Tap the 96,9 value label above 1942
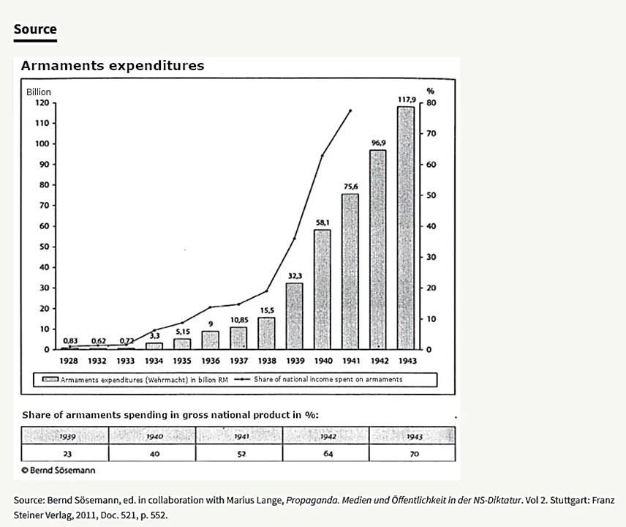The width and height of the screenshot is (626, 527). [x=378, y=143]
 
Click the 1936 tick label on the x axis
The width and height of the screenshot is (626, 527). [x=210, y=361]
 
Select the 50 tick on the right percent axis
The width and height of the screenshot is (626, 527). [x=431, y=196]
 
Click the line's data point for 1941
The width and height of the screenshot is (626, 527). [x=350, y=111]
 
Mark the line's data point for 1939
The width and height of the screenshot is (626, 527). [x=295, y=239]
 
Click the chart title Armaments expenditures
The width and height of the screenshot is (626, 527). [x=113, y=66]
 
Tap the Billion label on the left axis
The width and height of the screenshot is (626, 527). [x=39, y=92]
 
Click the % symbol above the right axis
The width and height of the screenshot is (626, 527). [x=431, y=92]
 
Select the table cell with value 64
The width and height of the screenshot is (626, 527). [x=326, y=454]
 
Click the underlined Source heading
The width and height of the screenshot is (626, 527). [x=35, y=29]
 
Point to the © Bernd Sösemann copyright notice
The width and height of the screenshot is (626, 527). [x=59, y=470]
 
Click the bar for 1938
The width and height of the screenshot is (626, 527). [x=266, y=333]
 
